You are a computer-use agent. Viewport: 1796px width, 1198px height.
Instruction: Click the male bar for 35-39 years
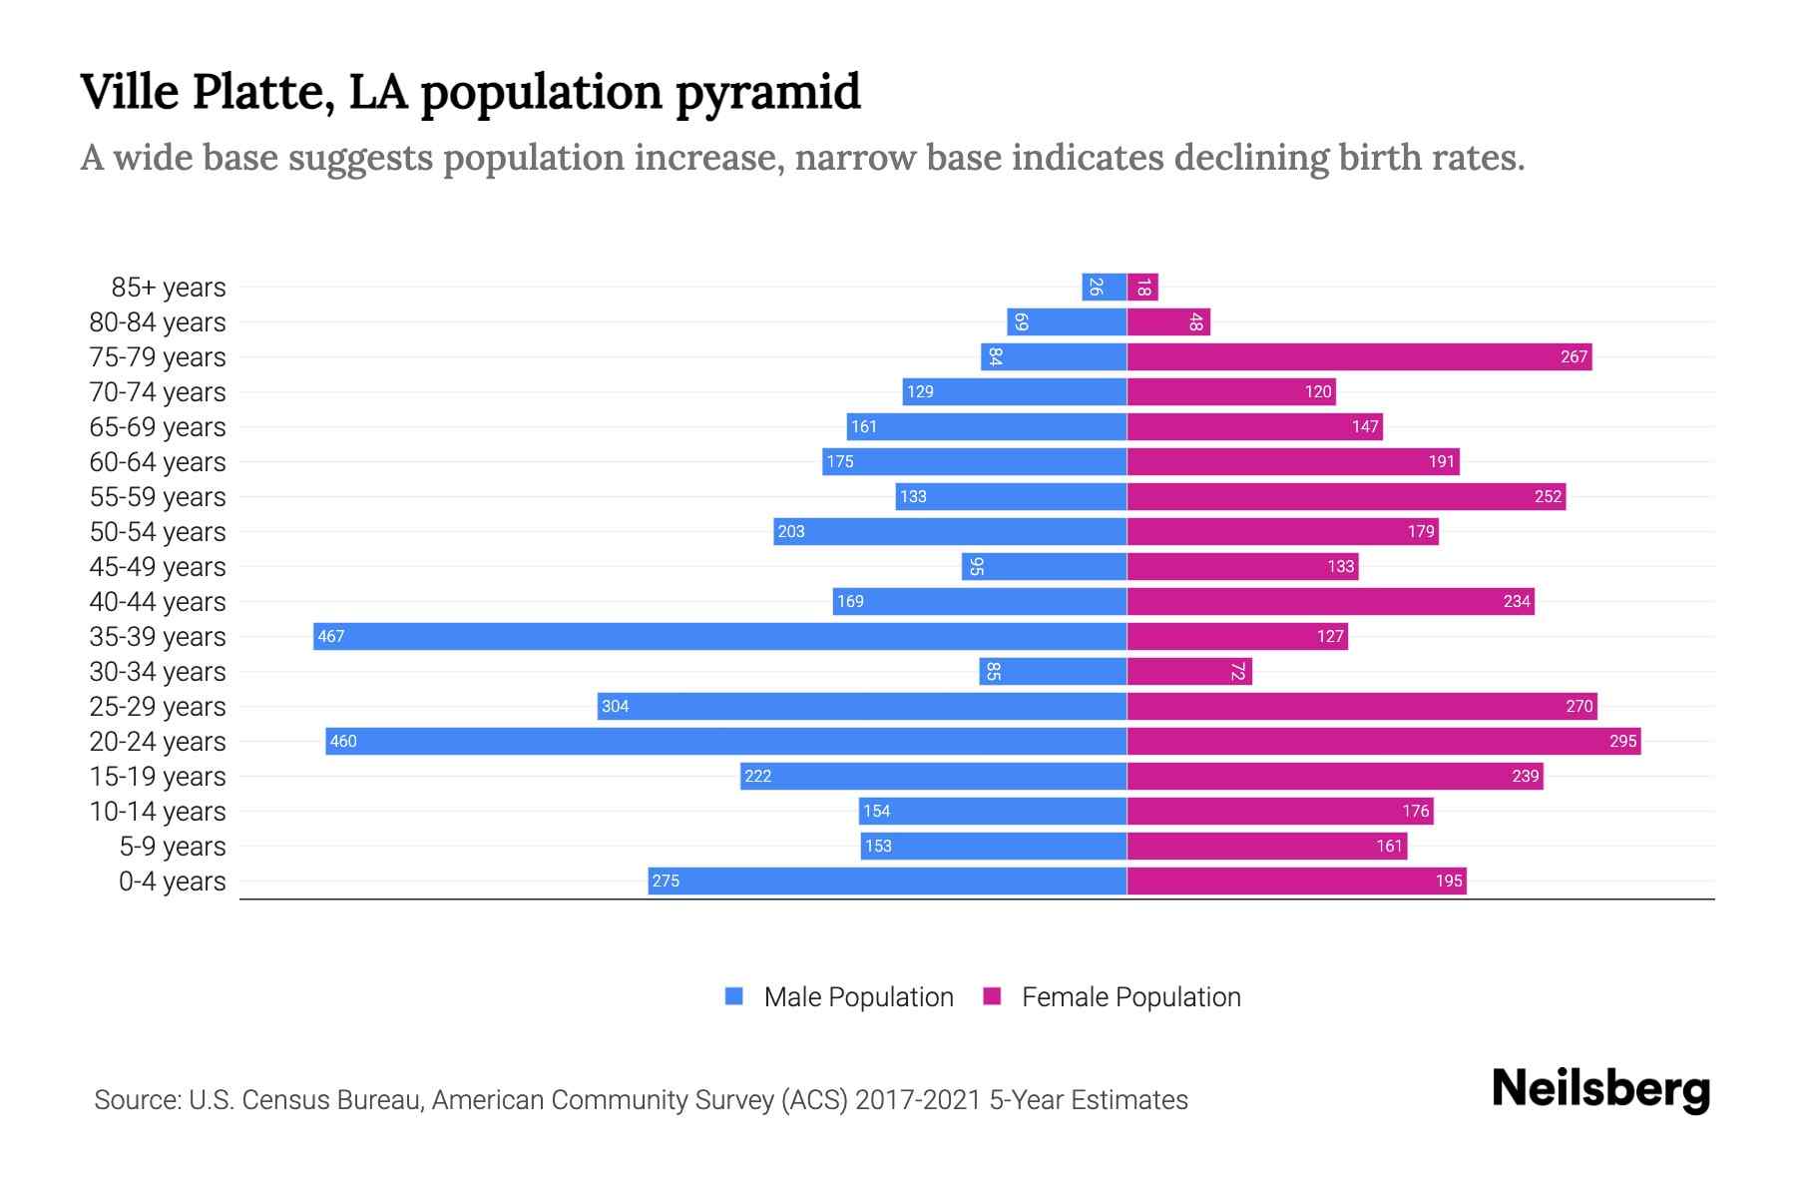pyautogui.click(x=718, y=636)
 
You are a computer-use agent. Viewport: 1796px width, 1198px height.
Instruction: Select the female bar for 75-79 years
pyautogui.click(x=1357, y=356)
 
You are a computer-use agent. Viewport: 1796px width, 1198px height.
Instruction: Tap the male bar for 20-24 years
pyautogui.click(x=725, y=741)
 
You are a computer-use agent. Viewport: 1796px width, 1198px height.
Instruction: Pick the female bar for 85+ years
pyautogui.click(x=1142, y=288)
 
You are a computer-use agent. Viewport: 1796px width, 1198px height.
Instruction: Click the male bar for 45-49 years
pyautogui.click(x=1044, y=566)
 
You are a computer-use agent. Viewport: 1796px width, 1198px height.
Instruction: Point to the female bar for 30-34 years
pyautogui.click(x=1187, y=671)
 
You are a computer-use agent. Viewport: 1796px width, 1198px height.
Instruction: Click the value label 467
pyautogui.click(x=331, y=636)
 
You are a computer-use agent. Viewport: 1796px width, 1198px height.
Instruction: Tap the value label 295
pyautogui.click(x=1622, y=741)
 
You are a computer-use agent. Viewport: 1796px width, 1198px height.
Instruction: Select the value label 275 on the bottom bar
pyautogui.click(x=666, y=881)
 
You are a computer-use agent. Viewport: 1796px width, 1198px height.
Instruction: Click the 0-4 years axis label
pyautogui.click(x=172, y=882)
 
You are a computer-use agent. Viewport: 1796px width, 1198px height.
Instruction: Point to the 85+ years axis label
pyautogui.click(x=168, y=288)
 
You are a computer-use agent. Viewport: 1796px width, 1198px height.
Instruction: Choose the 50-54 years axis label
pyautogui.click(x=158, y=532)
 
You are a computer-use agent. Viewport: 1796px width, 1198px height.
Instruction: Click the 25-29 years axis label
pyautogui.click(x=158, y=707)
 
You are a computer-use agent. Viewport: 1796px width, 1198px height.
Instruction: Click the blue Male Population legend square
pyautogui.click(x=734, y=996)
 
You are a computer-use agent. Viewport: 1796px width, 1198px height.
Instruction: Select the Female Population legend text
pyautogui.click(x=1130, y=997)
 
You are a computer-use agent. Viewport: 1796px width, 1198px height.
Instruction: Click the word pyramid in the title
pyautogui.click(x=767, y=93)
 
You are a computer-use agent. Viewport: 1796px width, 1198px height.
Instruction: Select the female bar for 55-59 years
pyautogui.click(x=1345, y=496)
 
